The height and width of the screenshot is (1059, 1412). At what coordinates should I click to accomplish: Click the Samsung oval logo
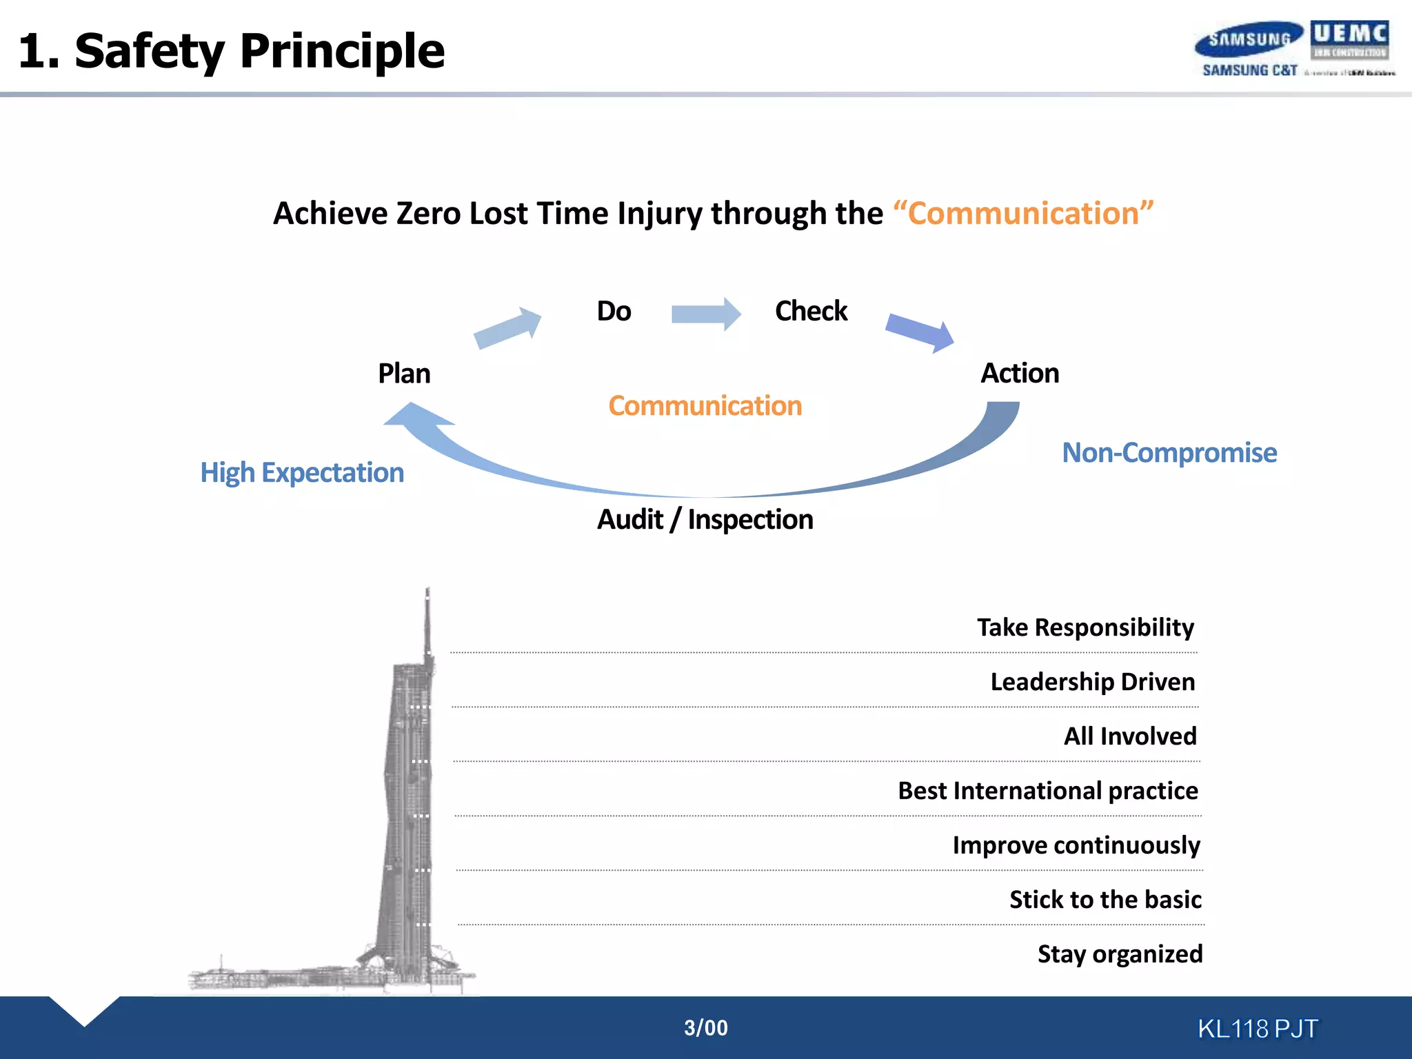(x=1249, y=39)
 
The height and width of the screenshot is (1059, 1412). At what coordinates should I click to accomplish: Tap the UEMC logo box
(x=1349, y=40)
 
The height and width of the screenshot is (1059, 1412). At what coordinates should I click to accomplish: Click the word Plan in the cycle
(x=404, y=374)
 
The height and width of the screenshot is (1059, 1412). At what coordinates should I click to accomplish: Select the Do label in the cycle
(x=614, y=311)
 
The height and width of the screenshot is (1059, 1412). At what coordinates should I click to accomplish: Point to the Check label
(x=811, y=311)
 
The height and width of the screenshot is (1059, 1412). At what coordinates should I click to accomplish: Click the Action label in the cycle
(x=1020, y=373)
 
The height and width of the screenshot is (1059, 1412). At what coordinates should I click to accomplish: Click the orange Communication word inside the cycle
(x=705, y=406)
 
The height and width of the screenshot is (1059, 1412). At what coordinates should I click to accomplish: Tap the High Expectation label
(x=302, y=473)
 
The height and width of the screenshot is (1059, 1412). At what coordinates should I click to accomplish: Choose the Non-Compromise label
(x=1169, y=453)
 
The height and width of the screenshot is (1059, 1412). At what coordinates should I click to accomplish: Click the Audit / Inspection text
(x=705, y=519)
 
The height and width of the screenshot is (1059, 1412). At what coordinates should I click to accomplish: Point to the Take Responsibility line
(x=1085, y=627)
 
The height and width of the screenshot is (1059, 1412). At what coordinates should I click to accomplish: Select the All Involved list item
(x=1130, y=736)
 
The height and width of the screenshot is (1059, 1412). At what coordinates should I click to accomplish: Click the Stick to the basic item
(x=1105, y=900)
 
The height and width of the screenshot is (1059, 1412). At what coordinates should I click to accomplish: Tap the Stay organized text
(x=1120, y=954)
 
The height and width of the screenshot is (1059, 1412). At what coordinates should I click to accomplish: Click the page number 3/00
(x=705, y=1028)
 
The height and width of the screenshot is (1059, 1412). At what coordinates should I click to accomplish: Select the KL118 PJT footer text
(x=1258, y=1029)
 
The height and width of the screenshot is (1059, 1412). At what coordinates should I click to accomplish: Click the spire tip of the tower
(x=427, y=592)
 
